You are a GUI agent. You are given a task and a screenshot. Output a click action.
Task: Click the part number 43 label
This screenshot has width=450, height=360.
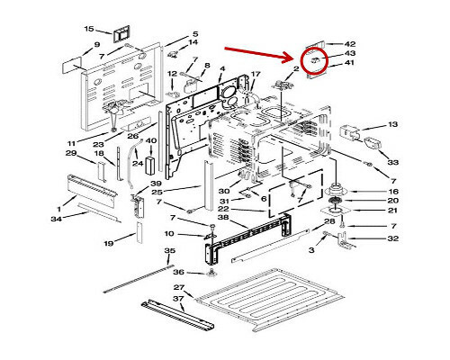click(x=349, y=53)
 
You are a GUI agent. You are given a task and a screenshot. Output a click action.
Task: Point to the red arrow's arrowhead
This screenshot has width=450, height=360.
click(x=289, y=57)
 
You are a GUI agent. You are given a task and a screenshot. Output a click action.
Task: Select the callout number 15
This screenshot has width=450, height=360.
click(x=89, y=29)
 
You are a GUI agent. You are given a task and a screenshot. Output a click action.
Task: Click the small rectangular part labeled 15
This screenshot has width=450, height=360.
click(x=121, y=33)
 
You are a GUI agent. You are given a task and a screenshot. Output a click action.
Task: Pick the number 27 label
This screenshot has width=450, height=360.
click(x=179, y=287)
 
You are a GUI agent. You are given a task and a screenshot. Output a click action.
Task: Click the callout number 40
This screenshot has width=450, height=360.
click(x=151, y=140)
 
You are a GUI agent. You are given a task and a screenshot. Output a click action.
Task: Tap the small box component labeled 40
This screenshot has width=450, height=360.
click(x=150, y=165)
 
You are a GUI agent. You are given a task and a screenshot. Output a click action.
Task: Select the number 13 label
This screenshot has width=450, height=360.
click(x=392, y=124)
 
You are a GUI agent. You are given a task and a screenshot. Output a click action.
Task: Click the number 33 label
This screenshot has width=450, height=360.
click(x=393, y=162)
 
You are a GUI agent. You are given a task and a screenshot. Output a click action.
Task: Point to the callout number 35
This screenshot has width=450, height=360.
click(x=169, y=250)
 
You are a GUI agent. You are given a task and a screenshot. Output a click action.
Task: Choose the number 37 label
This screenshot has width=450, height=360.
click(x=178, y=299)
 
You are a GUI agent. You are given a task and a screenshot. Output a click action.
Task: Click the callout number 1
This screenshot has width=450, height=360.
click(x=58, y=209)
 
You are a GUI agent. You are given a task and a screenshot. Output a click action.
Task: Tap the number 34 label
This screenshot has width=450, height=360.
click(x=56, y=219)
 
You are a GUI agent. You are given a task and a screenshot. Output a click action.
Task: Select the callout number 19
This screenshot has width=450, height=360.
click(x=109, y=243)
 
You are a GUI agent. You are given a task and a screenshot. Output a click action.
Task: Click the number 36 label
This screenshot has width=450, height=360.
click(x=178, y=272)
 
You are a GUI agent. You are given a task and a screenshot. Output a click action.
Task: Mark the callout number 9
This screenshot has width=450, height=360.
click(x=96, y=45)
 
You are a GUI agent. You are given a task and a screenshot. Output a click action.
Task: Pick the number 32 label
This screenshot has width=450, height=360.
click(x=393, y=238)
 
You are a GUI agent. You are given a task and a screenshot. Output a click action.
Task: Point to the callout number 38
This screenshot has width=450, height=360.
click(x=223, y=217)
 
